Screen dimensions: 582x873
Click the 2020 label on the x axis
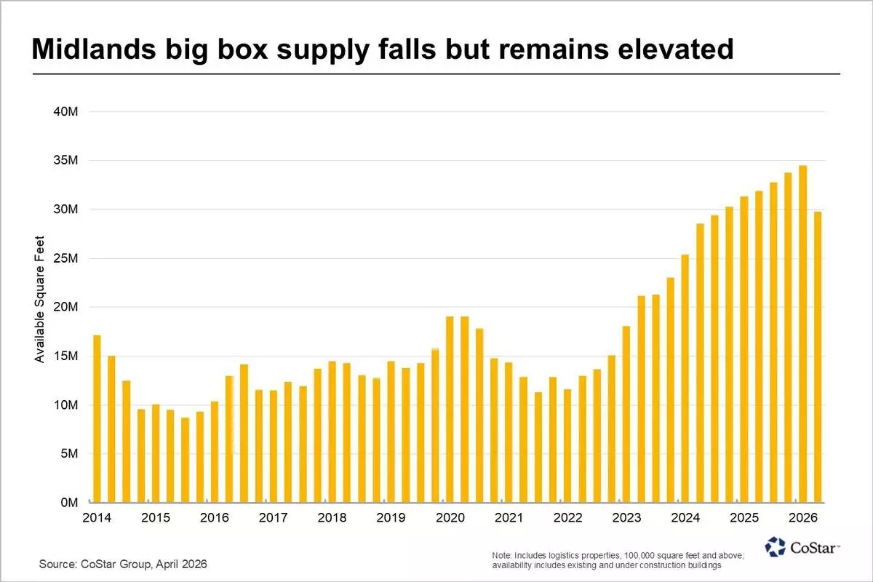450,518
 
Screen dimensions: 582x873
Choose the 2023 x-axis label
626,518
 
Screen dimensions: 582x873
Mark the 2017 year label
273,518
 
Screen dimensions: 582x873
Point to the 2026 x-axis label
803,518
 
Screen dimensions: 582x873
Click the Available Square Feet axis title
41,299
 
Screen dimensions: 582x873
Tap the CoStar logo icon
775,546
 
